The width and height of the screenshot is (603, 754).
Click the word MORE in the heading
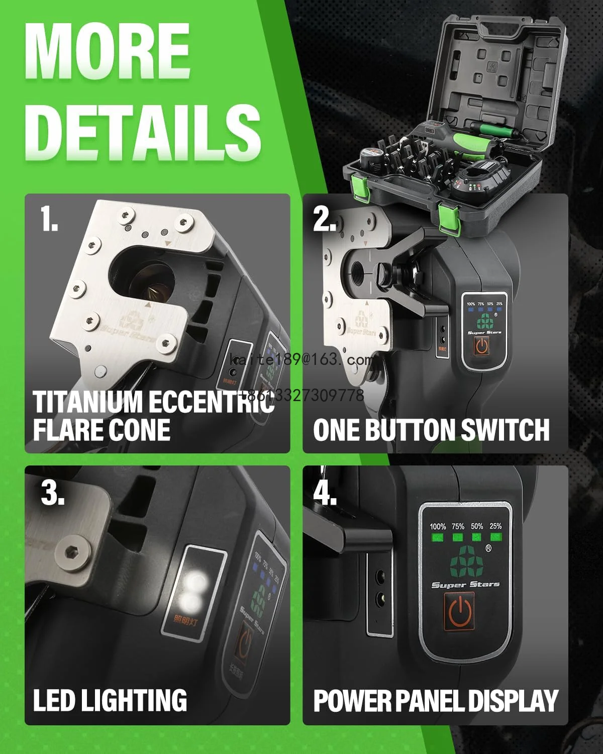click(108, 50)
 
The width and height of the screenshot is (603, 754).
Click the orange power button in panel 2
click(482, 346)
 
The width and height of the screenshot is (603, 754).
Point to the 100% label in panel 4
click(438, 526)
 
